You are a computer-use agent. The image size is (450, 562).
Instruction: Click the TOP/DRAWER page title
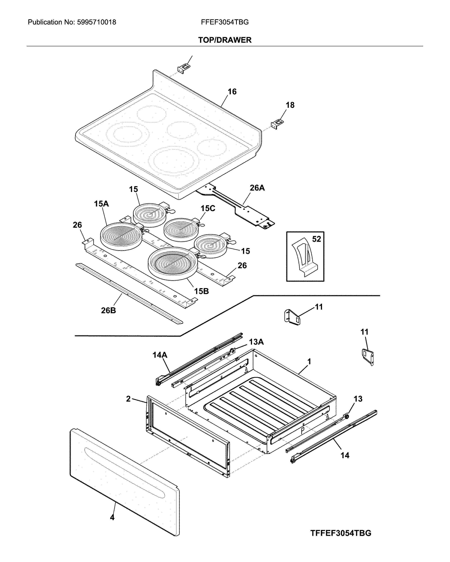click(225, 40)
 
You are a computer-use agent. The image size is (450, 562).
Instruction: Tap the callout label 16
click(232, 91)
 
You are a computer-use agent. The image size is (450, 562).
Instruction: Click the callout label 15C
click(208, 208)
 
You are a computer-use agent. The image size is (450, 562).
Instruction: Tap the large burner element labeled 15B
click(172, 263)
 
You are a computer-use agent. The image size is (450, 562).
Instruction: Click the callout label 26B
click(108, 310)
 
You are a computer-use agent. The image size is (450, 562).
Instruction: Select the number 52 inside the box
click(316, 239)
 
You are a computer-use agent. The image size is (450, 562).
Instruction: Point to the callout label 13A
click(256, 342)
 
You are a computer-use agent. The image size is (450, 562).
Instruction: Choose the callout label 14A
click(160, 355)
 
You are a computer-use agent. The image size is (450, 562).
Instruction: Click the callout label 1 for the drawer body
click(309, 362)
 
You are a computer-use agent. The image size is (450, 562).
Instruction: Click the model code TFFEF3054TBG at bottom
click(340, 531)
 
